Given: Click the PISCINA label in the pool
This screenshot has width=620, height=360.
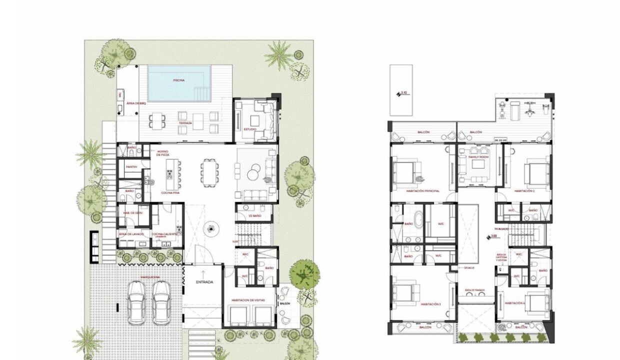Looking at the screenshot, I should coord(178,80).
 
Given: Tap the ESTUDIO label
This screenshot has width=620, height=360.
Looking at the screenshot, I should coord(249,129).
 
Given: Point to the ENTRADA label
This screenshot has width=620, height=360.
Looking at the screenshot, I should coord(204,282).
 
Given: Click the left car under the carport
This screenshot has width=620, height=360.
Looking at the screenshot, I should coord(136,302).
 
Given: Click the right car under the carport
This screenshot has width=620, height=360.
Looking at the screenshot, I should coord(161,302).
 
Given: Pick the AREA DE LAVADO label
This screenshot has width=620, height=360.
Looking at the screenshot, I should coord(131,234).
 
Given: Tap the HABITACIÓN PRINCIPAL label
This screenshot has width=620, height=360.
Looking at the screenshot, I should coord(422,190).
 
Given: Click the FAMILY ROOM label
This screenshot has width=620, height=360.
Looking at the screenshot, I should coord(477,157).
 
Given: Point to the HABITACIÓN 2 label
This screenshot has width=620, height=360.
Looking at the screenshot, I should coord(525,190).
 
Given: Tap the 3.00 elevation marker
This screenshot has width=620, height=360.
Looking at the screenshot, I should coord(492,236).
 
